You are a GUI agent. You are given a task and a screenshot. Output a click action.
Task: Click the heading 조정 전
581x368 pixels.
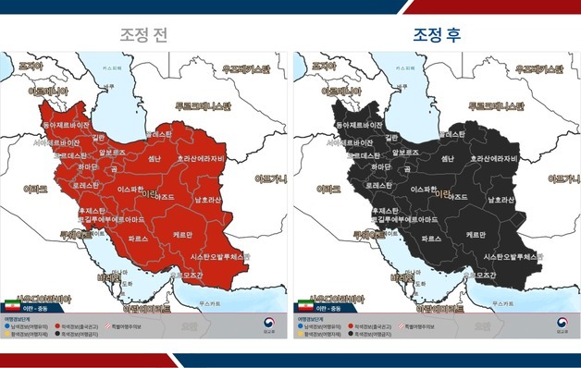144,35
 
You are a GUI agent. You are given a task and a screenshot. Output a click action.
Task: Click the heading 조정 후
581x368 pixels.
437,35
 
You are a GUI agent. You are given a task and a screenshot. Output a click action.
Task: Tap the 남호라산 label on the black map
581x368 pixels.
496,199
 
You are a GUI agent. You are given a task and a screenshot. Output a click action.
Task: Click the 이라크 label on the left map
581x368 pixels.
35,188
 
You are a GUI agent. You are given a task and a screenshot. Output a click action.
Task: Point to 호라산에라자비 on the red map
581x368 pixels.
207,158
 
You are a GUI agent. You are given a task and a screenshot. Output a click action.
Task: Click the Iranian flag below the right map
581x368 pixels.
305,305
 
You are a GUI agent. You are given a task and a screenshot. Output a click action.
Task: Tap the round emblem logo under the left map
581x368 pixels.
266,325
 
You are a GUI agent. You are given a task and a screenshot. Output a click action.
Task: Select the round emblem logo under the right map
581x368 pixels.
559,325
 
